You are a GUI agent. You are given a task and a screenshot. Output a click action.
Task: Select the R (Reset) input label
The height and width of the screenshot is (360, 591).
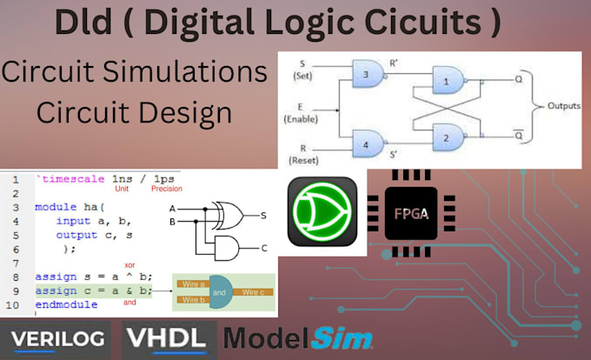pyautogui.click(x=303, y=154)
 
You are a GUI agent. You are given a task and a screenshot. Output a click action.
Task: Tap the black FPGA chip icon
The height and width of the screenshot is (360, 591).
pyautogui.click(x=411, y=211)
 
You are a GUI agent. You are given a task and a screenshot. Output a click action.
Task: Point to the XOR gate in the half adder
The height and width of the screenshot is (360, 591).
pyautogui.click(x=232, y=212)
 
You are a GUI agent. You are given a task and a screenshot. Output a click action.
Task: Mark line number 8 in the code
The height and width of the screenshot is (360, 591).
pyautogui.click(x=17, y=276)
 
